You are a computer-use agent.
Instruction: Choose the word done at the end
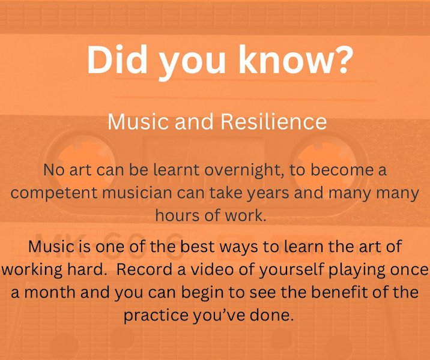pos(279,315)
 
